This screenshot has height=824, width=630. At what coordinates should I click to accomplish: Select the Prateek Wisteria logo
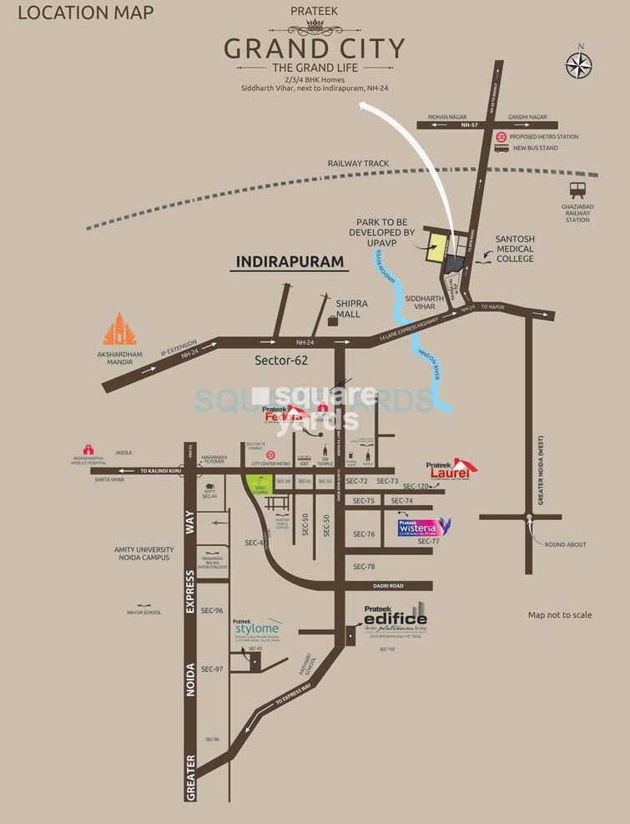[x=426, y=526]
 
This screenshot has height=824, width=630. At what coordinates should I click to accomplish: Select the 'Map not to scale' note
[x=560, y=615]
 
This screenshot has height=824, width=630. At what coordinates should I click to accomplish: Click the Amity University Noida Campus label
[x=143, y=553]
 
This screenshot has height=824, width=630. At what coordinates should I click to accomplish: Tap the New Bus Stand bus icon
[x=501, y=149]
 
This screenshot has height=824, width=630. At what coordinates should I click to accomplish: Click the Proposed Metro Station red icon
[x=501, y=135]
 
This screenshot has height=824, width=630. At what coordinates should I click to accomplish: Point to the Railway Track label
[x=358, y=164]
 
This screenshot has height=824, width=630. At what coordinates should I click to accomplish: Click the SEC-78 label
[x=365, y=567]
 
